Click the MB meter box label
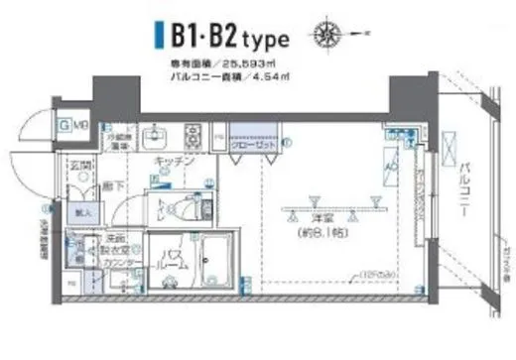[77, 125]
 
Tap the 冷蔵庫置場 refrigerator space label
[119, 140]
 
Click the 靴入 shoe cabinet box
[80, 210]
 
